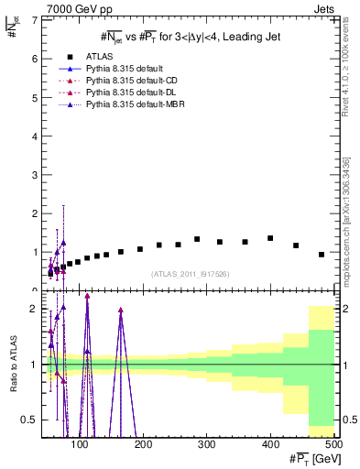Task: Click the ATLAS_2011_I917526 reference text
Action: [189, 274]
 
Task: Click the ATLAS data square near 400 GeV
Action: [270, 238]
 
